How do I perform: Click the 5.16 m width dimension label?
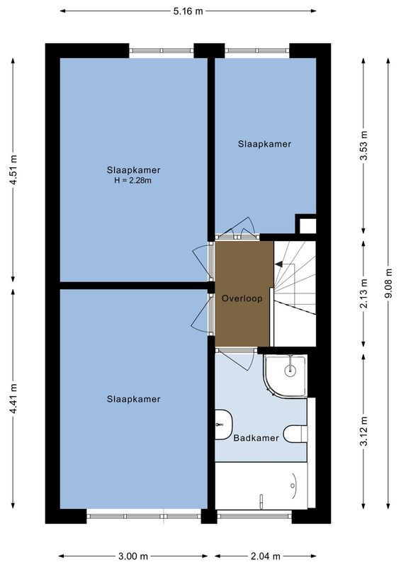tap(188, 11)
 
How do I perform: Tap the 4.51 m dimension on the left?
tap(13, 172)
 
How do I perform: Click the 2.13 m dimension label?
tap(364, 294)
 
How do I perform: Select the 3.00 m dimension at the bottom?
tap(133, 556)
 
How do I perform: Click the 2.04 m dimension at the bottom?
tap(266, 556)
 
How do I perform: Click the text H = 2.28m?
tap(133, 181)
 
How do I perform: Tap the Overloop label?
tap(242, 298)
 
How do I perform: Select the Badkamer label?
tap(256, 438)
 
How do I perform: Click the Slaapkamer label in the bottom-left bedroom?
tap(133, 399)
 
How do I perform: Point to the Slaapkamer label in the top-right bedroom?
tap(264, 144)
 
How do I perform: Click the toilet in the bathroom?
tap(294, 432)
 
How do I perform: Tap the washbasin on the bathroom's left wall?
tap(221, 424)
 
